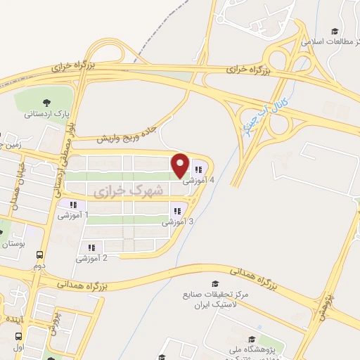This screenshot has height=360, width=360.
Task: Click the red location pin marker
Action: [181, 165]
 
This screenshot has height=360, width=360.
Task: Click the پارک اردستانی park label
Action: [46, 113]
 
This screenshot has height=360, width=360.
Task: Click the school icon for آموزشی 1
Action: [73, 205]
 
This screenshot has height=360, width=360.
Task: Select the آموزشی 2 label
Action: [92, 258]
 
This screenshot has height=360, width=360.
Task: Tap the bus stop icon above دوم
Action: [39, 255]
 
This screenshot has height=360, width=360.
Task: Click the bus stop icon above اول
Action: [19, 337]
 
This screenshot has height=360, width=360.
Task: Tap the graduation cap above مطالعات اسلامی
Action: [335, 32]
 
